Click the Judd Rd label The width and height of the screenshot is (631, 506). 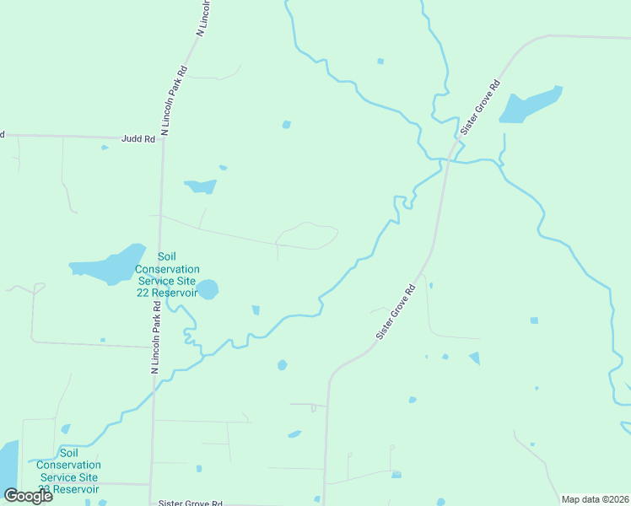(x=138, y=139)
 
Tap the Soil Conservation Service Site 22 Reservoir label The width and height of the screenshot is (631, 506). (x=166, y=274)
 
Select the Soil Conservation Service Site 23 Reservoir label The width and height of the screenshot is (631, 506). (x=68, y=476)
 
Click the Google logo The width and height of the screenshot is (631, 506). (x=28, y=496)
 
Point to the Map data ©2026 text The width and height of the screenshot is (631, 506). (x=595, y=499)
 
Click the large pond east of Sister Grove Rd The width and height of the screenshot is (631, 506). (x=529, y=105)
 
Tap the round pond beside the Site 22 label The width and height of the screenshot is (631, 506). (x=208, y=290)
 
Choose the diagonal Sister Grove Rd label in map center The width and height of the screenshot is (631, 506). (x=396, y=311)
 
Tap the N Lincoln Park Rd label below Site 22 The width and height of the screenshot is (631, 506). (x=155, y=338)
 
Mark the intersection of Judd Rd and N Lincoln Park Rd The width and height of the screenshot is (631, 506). (x=164, y=137)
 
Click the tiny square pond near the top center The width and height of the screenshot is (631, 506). (x=380, y=61)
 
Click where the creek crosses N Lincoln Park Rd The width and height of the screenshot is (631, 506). (x=154, y=377)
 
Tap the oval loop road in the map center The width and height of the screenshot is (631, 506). (x=308, y=235)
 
